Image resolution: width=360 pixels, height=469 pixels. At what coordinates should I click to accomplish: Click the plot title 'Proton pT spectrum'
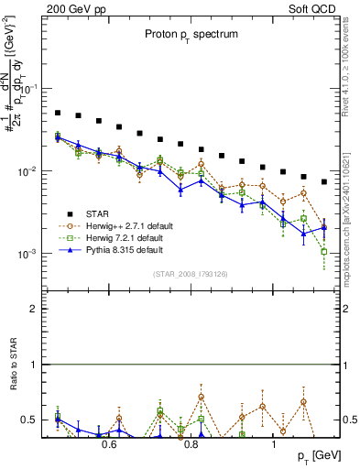click(x=184, y=34)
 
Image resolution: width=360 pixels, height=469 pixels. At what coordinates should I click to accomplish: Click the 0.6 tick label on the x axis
click(x=109, y=444)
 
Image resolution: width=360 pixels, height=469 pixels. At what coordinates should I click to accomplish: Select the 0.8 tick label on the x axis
click(x=191, y=444)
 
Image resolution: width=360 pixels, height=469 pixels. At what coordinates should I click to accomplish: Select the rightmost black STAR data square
click(x=324, y=181)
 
